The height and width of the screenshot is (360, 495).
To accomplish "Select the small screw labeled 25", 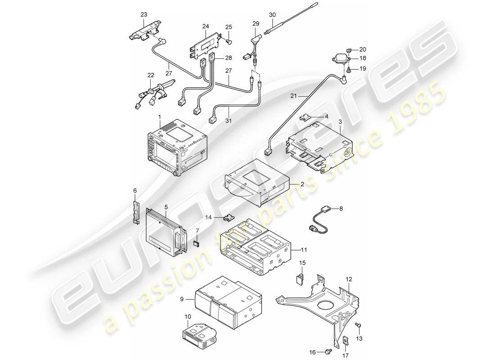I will tap(229, 42).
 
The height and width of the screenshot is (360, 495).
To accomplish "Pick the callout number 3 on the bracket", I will tap(340, 122).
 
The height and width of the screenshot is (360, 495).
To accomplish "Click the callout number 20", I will tap(363, 49).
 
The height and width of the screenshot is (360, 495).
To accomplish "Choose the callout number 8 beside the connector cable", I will tap(341, 208).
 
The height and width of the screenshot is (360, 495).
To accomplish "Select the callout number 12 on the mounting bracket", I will tap(348, 280).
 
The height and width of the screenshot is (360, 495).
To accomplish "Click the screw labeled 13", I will tap(359, 324).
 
